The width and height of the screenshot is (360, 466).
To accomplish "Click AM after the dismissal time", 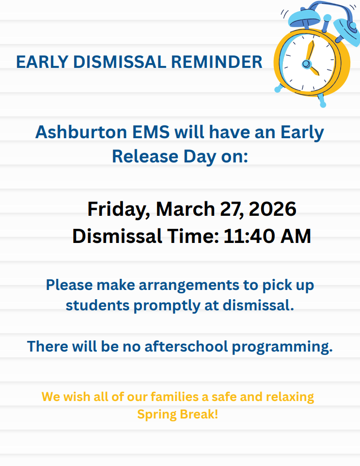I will [x=295, y=237].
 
